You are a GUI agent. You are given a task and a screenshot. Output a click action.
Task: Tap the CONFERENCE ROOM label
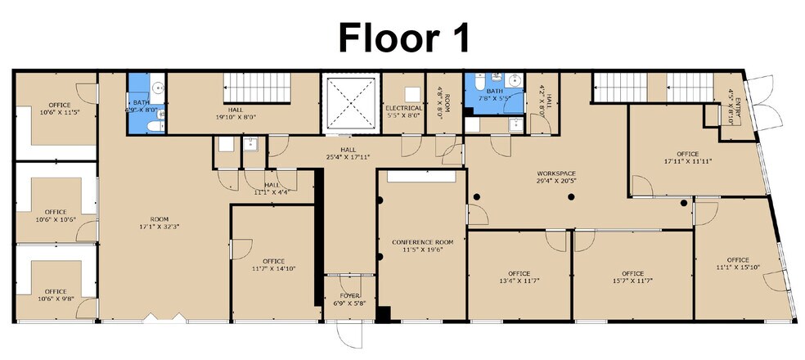pos(422,242)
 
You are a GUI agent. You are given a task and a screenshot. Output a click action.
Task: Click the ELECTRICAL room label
pos(404,108)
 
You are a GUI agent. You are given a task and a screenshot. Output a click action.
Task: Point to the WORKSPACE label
pos(556,173)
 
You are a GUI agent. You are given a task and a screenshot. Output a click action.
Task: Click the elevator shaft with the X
pos(352,104)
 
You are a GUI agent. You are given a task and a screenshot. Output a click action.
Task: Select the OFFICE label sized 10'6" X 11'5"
pos(59,105)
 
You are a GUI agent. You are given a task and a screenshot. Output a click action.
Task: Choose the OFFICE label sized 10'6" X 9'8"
pos(56,291)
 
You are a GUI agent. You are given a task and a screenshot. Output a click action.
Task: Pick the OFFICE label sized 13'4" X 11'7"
pos(519,273)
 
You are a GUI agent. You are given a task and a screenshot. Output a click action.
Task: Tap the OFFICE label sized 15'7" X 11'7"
pos(632,273)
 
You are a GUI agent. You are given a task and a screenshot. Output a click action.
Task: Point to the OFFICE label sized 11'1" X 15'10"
pos(732,260)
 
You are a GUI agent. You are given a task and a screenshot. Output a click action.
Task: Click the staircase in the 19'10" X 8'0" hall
pos(253,88)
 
